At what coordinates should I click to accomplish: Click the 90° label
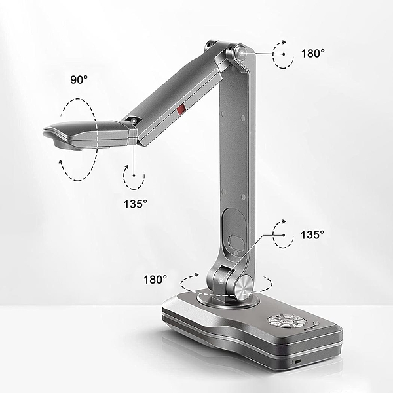tap(79, 80)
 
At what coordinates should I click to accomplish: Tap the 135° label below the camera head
tap(136, 204)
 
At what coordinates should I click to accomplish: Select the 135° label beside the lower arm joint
tap(312, 235)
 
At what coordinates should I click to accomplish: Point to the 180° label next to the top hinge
tap(313, 54)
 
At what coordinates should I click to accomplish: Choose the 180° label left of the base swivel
tap(155, 280)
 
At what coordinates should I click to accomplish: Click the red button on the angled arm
tap(181, 109)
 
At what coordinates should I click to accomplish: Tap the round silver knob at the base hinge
tap(244, 288)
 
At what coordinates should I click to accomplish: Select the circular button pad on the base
tap(286, 322)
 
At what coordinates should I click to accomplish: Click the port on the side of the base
tap(298, 362)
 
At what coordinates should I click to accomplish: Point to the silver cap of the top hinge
tap(241, 54)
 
